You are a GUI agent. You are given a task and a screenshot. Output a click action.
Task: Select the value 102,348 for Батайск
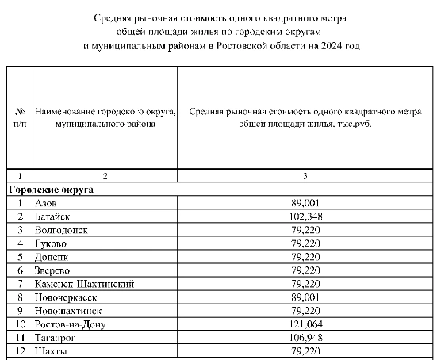pyautogui.click(x=305, y=216)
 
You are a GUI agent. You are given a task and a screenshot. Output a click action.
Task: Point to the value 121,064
pyautogui.click(x=305, y=324)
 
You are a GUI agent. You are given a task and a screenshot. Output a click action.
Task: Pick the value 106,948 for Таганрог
pyautogui.click(x=305, y=338)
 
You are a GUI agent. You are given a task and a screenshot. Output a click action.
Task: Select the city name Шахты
pyautogui.click(x=52, y=351)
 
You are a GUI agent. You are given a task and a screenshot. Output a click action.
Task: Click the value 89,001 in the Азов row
pyautogui.click(x=305, y=203)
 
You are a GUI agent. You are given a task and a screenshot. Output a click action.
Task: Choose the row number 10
pyautogui.click(x=19, y=324)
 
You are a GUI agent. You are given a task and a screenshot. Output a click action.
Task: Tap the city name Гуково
pyautogui.click(x=52, y=243)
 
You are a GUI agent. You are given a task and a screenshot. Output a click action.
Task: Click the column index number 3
pyautogui.click(x=305, y=174)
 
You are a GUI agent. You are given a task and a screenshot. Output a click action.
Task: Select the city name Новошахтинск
pyautogui.click(x=68, y=311)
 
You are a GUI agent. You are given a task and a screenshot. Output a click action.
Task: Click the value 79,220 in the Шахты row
pyautogui.click(x=305, y=351)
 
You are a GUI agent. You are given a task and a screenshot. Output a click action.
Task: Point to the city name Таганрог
pyautogui.click(x=56, y=338)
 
